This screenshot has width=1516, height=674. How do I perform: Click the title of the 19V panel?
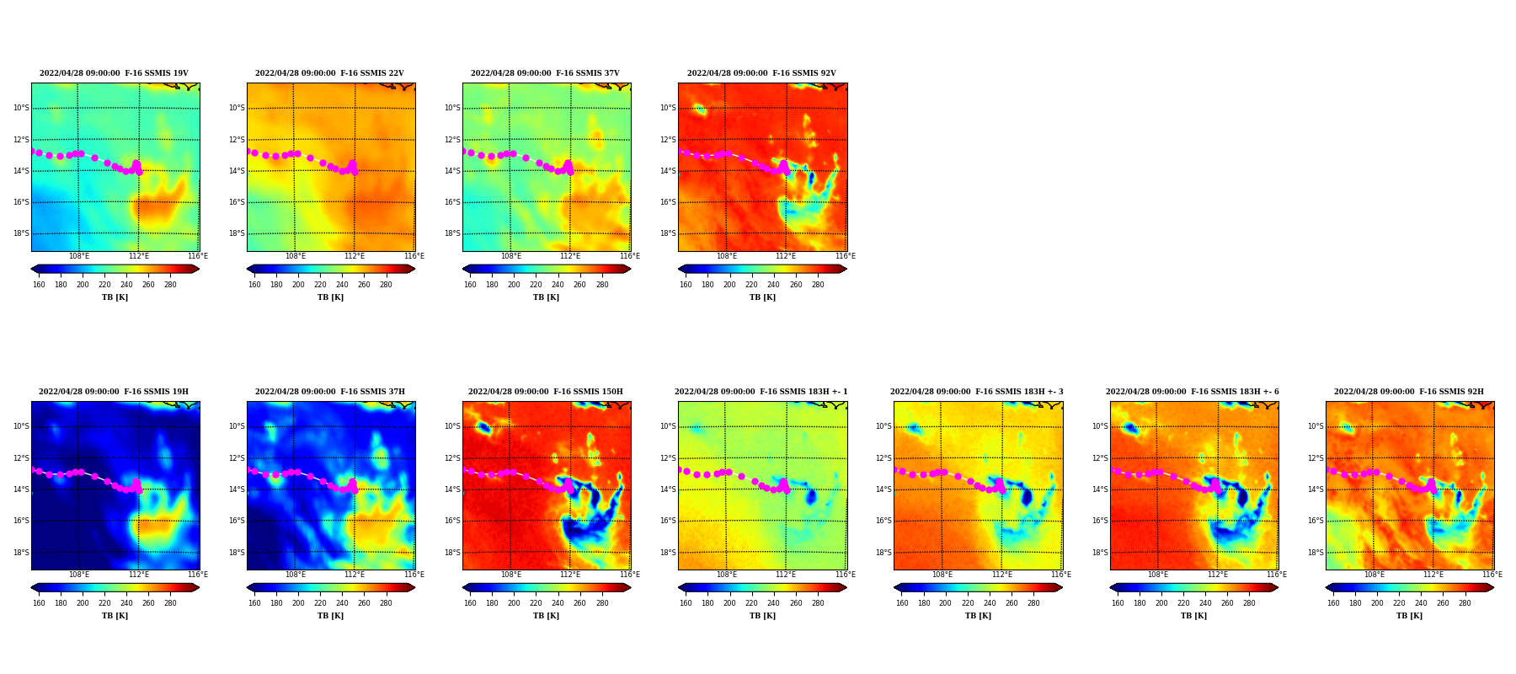(114, 73)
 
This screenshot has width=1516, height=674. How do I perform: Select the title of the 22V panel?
(329, 73)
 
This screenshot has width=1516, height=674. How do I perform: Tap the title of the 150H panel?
(546, 392)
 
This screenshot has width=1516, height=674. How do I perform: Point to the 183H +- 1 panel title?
(761, 392)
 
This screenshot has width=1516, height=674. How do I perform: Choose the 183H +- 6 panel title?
(1193, 392)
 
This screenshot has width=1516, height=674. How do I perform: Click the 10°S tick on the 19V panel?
(20, 108)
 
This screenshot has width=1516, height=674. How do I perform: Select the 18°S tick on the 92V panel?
(667, 233)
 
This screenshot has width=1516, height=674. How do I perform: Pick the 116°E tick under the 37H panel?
(414, 575)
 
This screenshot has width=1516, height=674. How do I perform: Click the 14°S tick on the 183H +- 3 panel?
(883, 489)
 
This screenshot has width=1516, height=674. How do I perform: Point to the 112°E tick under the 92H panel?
(1433, 575)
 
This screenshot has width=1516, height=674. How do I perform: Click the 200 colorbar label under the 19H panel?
(83, 603)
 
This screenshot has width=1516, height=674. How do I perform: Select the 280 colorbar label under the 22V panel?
(386, 285)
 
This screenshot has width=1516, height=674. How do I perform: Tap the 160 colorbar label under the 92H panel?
(1333, 603)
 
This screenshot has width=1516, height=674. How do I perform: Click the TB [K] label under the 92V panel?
(762, 297)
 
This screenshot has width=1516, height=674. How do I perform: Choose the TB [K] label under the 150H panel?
(546, 616)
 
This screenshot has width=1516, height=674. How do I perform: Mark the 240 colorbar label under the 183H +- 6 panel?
(1205, 603)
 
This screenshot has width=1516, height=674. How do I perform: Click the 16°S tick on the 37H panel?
(236, 521)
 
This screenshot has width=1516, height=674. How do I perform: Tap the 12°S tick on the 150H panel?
(451, 458)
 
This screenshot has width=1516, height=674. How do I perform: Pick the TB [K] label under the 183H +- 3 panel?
(978, 616)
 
